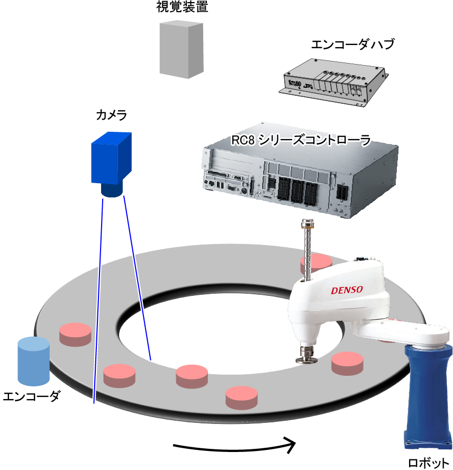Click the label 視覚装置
click(182, 7)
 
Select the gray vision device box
click(182, 49)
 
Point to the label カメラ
click(111, 114)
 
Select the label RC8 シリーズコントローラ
click(301, 140)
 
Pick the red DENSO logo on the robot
click(347, 290)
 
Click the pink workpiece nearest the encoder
click(75, 334)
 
